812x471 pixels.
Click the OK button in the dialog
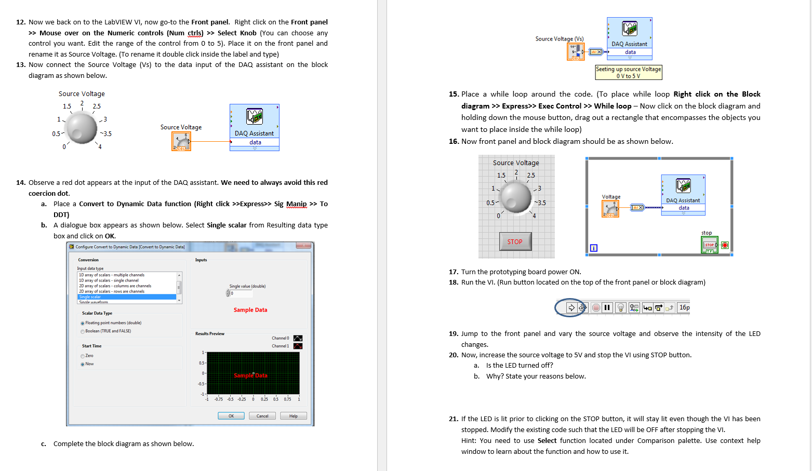coord(231,416)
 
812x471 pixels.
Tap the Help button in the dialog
coord(294,416)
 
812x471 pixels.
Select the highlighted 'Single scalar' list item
coord(127,297)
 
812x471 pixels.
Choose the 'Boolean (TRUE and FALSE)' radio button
coord(83,331)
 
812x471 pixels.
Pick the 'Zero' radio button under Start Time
coord(83,356)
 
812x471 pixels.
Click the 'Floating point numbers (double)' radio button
coord(83,323)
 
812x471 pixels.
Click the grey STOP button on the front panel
coord(515,241)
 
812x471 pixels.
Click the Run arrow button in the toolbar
coord(571,307)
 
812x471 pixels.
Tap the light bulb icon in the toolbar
coord(620,307)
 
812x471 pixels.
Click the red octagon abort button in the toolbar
coord(595,307)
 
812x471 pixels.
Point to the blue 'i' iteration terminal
coord(594,248)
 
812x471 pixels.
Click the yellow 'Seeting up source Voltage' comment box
coord(629,72)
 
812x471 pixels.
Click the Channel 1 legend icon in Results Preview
coord(298,346)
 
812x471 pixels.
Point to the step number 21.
coord(453,419)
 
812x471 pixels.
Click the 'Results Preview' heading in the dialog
coord(210,334)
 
